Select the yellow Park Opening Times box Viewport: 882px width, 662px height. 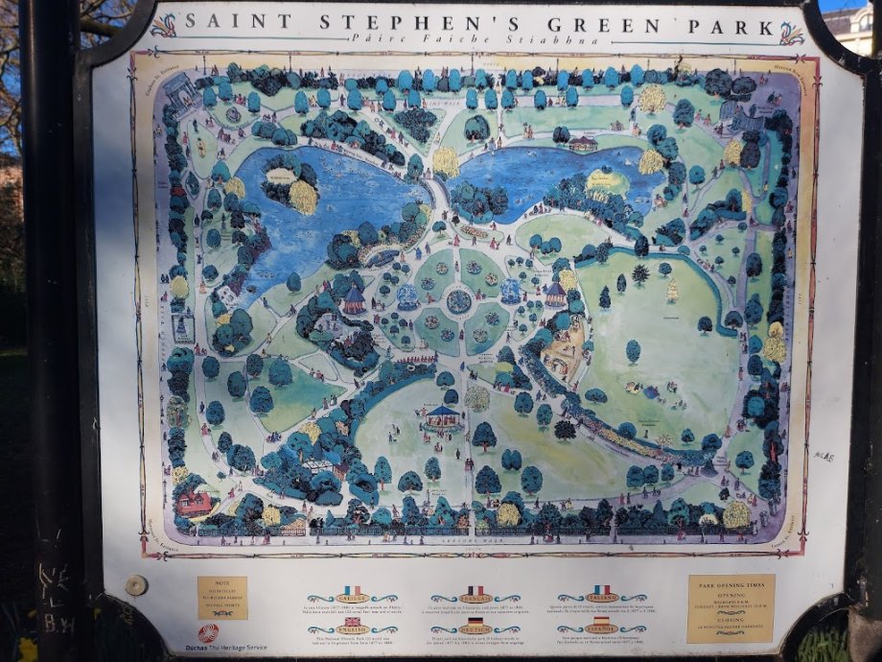coord(731,607)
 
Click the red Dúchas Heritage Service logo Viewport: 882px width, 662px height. coord(208,633)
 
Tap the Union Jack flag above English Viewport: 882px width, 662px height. coord(351,621)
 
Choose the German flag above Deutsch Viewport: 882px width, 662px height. coord(475,621)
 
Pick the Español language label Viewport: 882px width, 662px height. coord(601,629)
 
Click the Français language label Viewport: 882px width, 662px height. coord(475,599)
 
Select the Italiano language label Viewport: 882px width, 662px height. coord(601,599)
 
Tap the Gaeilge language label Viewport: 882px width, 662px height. coord(351,599)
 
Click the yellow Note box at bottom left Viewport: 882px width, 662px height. coord(221,597)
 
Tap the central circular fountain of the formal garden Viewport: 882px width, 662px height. coord(459,301)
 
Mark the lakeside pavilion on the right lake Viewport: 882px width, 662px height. coord(582,144)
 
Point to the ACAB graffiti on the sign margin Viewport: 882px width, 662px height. coord(824,456)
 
